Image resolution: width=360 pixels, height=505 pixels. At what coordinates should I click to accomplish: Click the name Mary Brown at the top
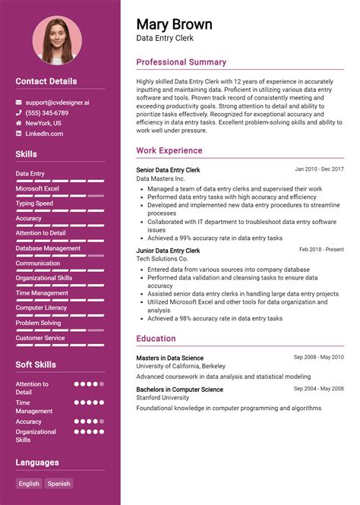point(174,24)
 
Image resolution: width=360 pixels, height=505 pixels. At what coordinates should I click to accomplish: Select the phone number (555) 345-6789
point(46,112)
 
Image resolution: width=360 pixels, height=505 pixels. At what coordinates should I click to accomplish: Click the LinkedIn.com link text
point(44,134)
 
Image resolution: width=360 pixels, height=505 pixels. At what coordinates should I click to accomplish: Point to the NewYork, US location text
point(43,123)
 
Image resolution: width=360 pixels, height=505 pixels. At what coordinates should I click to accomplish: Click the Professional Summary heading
point(181,62)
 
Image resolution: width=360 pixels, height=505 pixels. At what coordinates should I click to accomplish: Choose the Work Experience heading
point(169,150)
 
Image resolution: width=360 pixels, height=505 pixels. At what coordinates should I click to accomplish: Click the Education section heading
point(156,339)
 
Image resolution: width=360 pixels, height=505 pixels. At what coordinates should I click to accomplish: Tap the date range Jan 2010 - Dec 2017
point(319,169)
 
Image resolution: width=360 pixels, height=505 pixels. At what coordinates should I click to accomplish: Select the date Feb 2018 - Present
point(321,249)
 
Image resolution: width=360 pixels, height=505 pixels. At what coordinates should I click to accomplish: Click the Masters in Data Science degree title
point(169,358)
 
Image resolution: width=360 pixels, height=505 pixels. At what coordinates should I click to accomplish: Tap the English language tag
point(29,483)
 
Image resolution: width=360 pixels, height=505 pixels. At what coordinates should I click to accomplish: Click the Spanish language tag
point(58,483)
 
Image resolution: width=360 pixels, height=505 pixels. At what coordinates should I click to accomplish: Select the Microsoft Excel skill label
point(37,188)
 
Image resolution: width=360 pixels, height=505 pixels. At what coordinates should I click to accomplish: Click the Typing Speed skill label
point(34,204)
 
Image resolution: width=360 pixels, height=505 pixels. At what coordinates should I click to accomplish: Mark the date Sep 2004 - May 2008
point(319,389)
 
